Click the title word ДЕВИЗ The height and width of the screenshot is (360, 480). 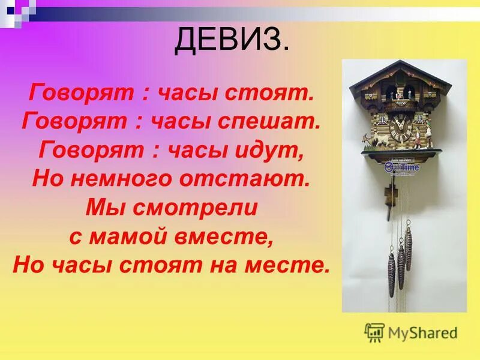(x=231, y=40)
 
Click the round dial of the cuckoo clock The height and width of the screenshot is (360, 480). (x=398, y=127)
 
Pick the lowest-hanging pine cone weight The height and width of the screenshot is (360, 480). (x=391, y=274)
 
